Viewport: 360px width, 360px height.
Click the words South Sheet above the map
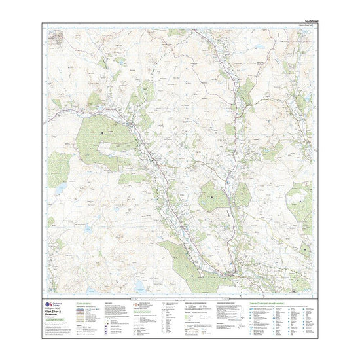click(x=302, y=22)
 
